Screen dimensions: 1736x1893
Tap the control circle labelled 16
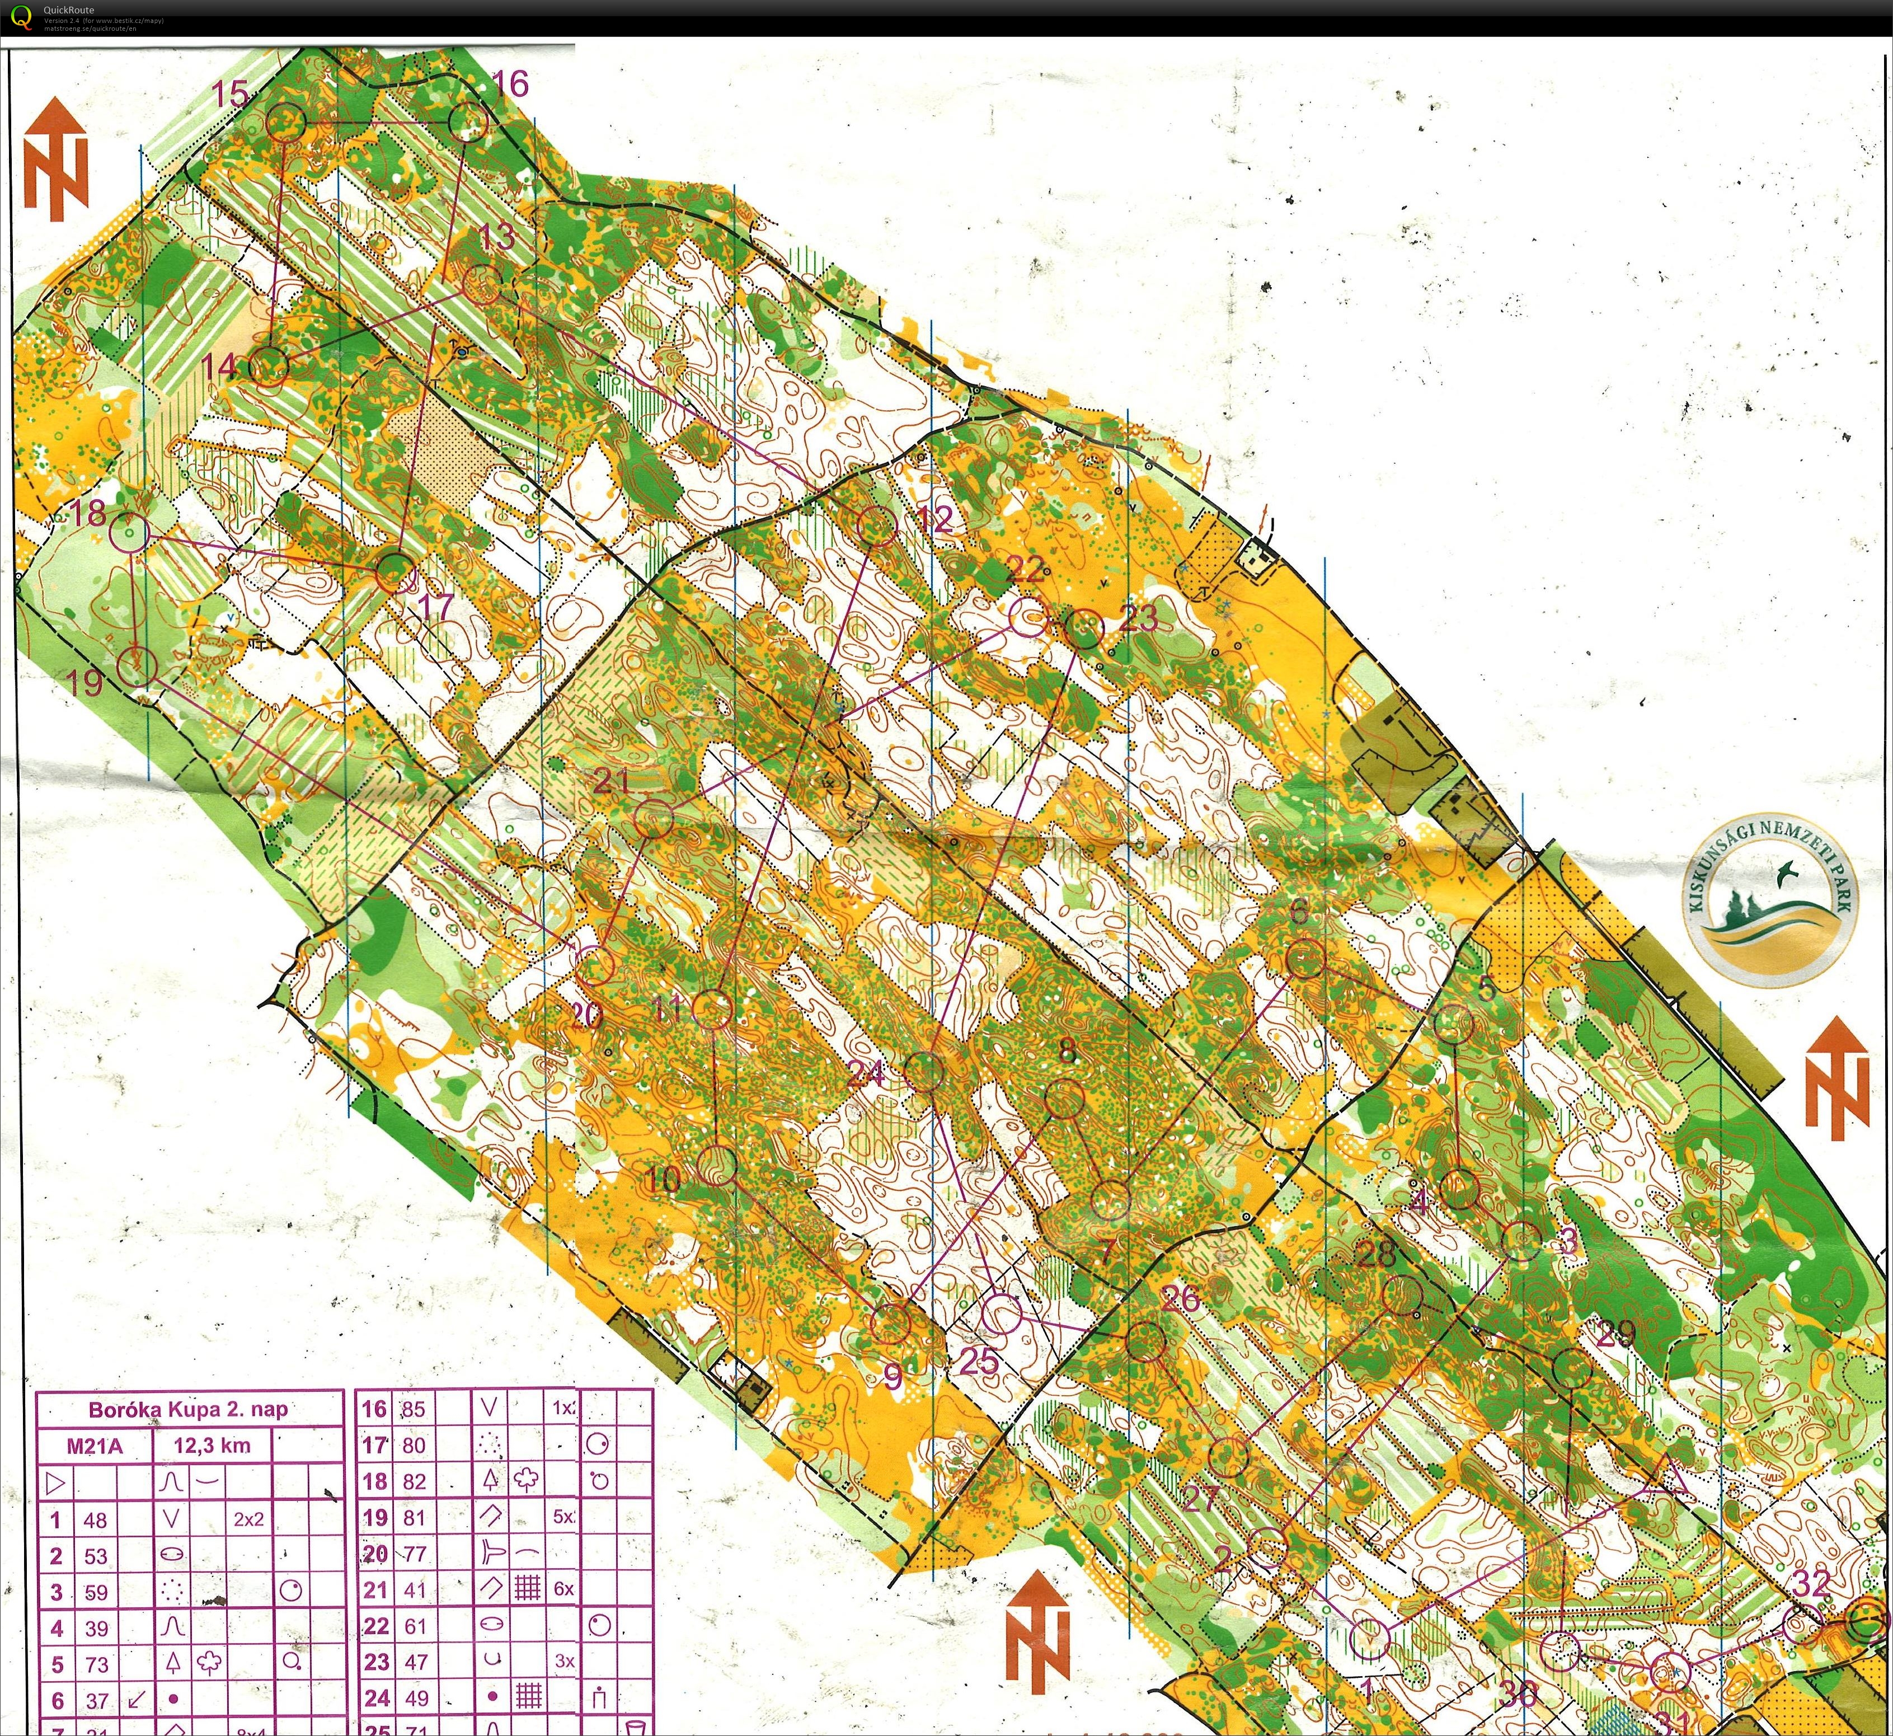(468, 122)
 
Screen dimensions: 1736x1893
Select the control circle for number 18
(130, 533)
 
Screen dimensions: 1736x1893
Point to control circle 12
(879, 526)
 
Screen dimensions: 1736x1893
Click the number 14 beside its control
(219, 365)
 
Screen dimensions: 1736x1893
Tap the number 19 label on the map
(86, 681)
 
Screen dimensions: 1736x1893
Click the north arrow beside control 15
(55, 159)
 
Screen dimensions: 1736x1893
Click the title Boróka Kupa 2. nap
(188, 1409)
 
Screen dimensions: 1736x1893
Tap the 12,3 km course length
(212, 1446)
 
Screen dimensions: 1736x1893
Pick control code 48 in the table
(95, 1520)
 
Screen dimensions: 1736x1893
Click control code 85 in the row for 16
(414, 1409)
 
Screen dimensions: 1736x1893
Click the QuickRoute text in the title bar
(69, 10)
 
